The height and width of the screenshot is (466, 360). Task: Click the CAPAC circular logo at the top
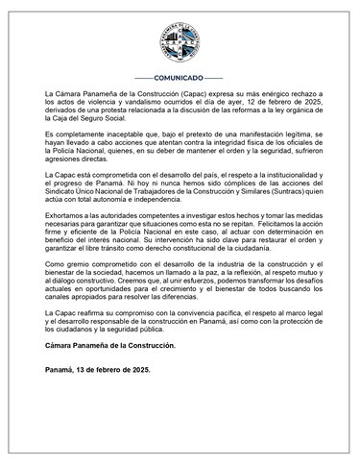click(x=180, y=39)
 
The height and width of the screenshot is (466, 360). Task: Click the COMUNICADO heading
click(x=180, y=76)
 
